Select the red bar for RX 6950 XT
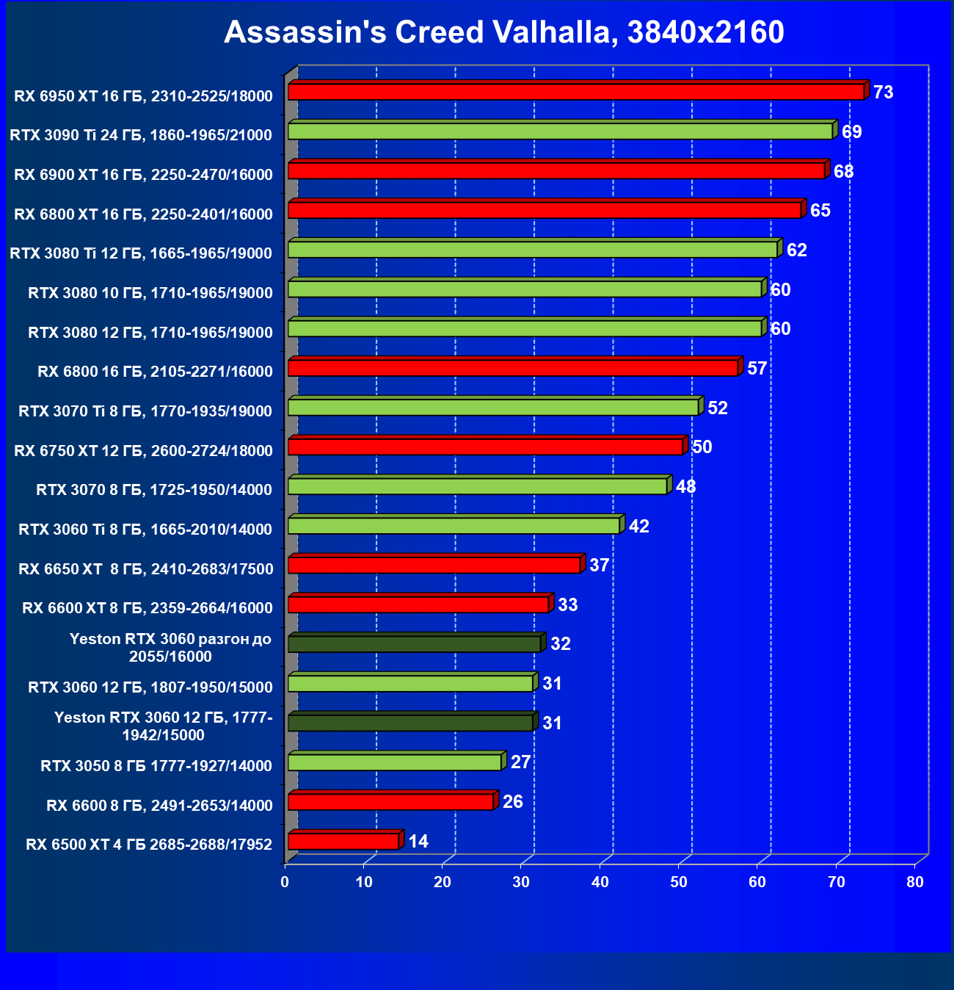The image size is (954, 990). pyautogui.click(x=576, y=92)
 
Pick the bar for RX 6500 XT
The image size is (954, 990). pyautogui.click(x=343, y=841)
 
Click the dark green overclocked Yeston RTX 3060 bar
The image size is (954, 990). pyautogui.click(x=414, y=644)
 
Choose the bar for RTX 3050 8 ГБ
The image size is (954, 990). pyautogui.click(x=395, y=762)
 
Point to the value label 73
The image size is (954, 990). pyautogui.click(x=883, y=93)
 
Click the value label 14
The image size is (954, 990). pyautogui.click(x=418, y=842)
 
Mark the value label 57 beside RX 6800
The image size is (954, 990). pyautogui.click(x=757, y=369)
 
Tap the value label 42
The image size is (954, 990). pyautogui.click(x=639, y=527)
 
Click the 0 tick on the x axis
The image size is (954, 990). pyautogui.click(x=285, y=882)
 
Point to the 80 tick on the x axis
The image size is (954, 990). pyautogui.click(x=915, y=882)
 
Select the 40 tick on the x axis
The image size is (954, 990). pyautogui.click(x=600, y=882)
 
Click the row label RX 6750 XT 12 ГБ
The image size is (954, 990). pyautogui.click(x=143, y=451)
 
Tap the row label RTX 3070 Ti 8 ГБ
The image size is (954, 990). pyautogui.click(x=145, y=411)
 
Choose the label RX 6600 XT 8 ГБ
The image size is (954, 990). pyautogui.click(x=148, y=608)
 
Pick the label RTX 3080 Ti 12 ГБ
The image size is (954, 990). pyautogui.click(x=141, y=253)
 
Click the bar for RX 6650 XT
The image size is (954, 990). pyautogui.click(x=434, y=566)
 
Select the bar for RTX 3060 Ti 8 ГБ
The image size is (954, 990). pyautogui.click(x=454, y=526)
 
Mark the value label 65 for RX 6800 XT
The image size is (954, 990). pyautogui.click(x=820, y=211)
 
